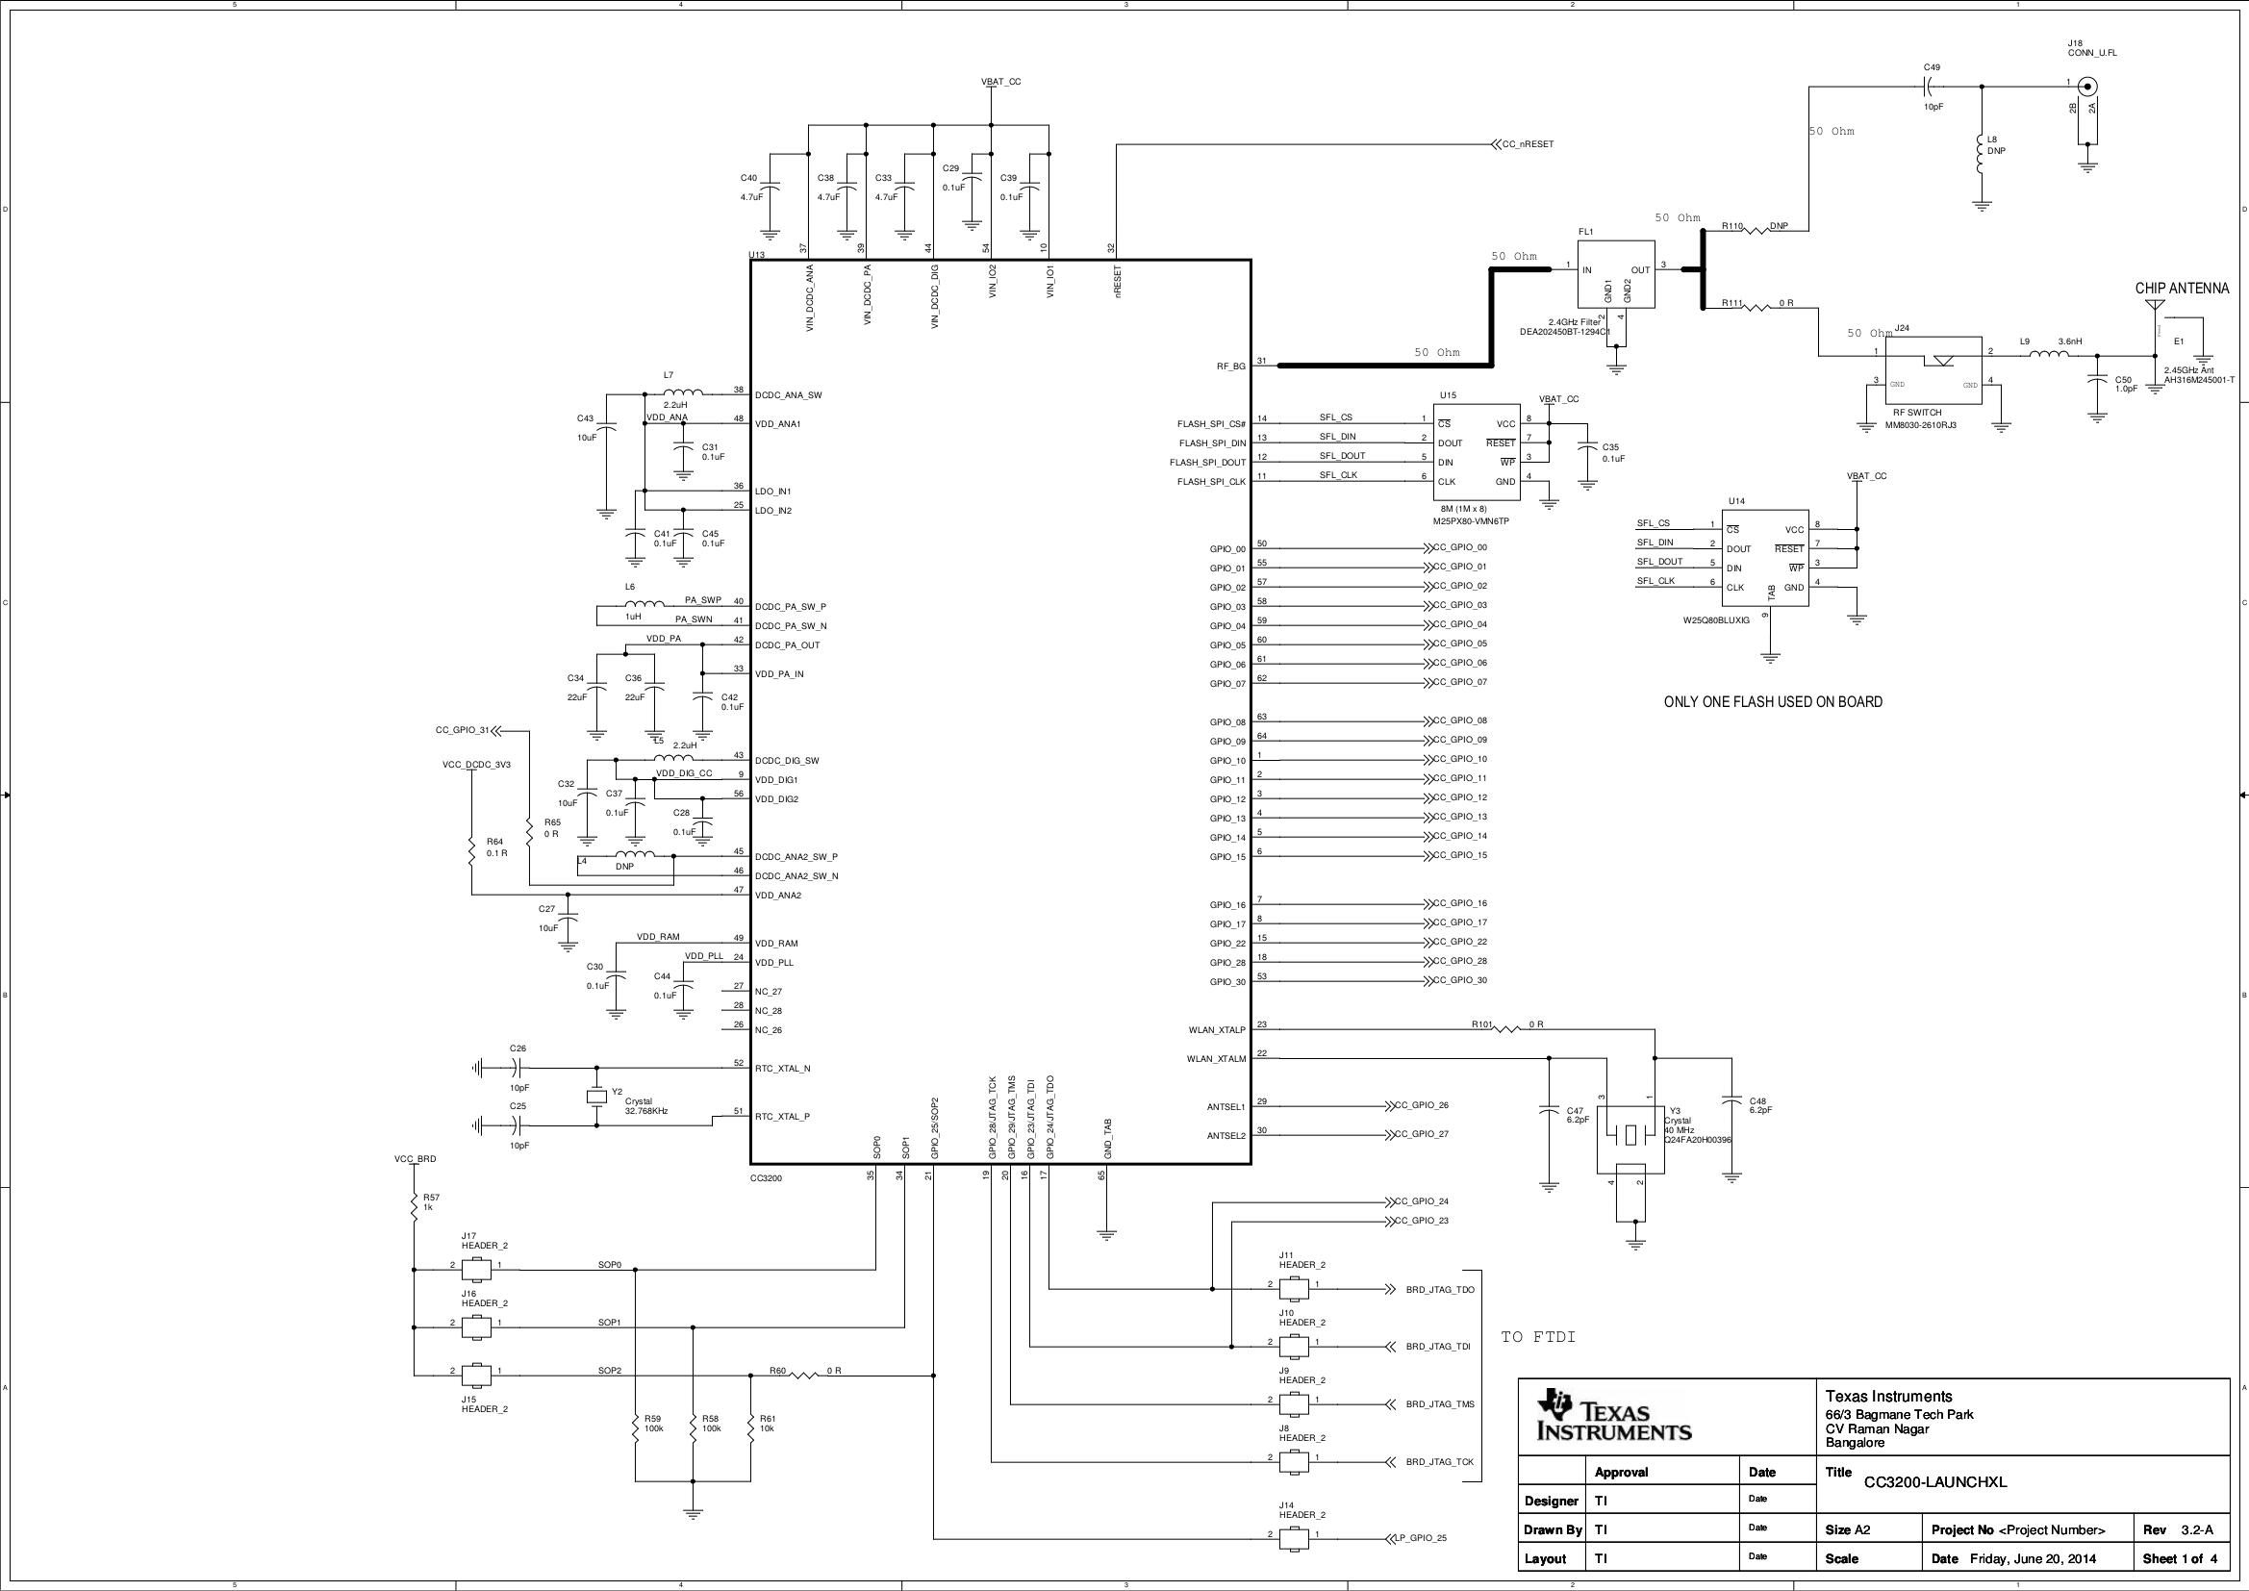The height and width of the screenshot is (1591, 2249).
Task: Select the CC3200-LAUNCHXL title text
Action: click(x=1934, y=1482)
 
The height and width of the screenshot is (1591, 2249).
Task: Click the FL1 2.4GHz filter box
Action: click(x=1615, y=274)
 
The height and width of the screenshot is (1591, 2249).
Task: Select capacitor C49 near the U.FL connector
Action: click(x=1930, y=87)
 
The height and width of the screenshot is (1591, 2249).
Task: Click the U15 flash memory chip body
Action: click(x=1477, y=453)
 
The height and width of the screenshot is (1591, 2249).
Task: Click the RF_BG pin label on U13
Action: click(x=1230, y=366)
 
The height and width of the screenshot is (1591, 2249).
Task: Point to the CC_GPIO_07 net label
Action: click(x=1458, y=682)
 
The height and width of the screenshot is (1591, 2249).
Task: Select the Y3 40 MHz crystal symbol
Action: click(x=1629, y=1136)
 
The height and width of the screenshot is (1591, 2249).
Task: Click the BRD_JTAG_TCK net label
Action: click(x=1439, y=1462)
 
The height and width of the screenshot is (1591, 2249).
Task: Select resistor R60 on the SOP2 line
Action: click(x=803, y=1376)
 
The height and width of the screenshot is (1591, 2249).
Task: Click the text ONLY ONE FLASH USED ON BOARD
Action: click(x=1772, y=702)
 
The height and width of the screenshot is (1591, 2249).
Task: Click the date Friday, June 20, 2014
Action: click(x=2033, y=1558)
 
